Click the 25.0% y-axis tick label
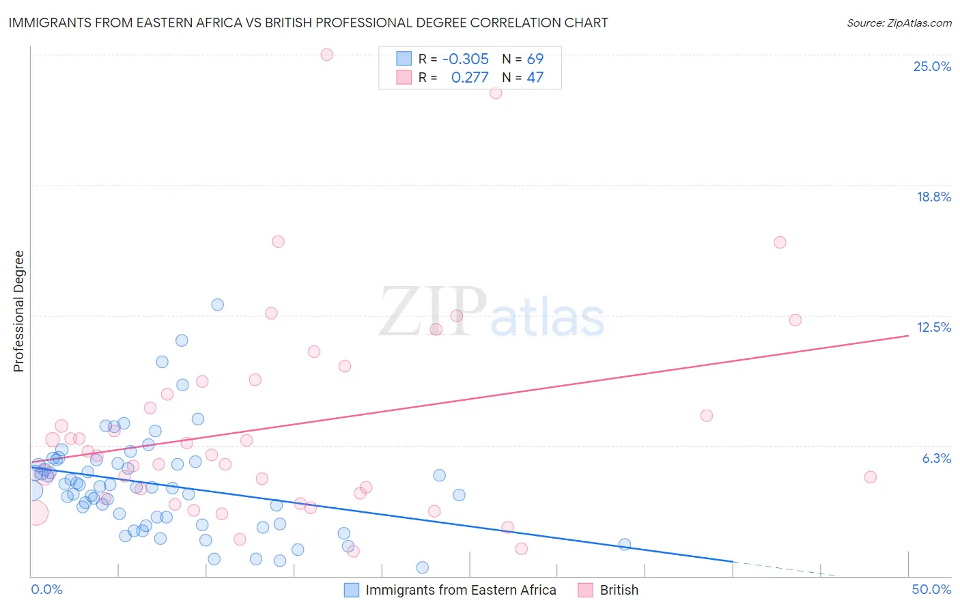pos(932,66)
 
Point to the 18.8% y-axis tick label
pos(933,197)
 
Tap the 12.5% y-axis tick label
pos(933,327)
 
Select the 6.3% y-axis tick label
pos(936,458)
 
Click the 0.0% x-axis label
pos(46,589)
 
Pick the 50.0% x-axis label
pos(931,589)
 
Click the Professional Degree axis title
pos(18,311)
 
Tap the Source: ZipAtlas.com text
pos(899,23)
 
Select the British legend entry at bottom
pos(619,590)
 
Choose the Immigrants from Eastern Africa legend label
pos(460,590)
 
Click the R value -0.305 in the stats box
pos(466,59)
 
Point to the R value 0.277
pos(470,78)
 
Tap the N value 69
pos(535,59)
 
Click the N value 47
pos(535,78)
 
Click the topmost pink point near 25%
pos(326,55)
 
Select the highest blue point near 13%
pos(217,304)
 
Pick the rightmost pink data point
pos(870,477)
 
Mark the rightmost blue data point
pos(624,544)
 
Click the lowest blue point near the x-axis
pos(422,567)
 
